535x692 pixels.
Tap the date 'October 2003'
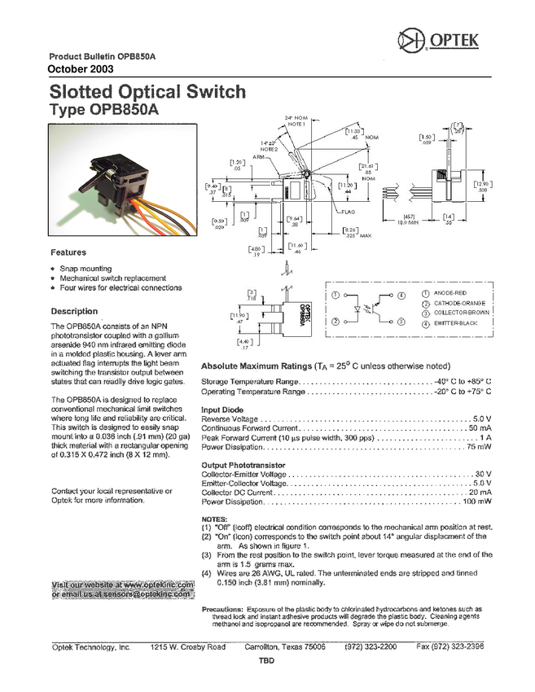pos(81,68)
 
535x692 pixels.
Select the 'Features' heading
pos(68,252)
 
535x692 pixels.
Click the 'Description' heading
pos(74,311)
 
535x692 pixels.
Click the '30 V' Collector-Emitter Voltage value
pos(483,474)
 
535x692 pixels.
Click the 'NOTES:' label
pos(214,519)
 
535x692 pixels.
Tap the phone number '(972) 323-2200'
pos(371,646)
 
